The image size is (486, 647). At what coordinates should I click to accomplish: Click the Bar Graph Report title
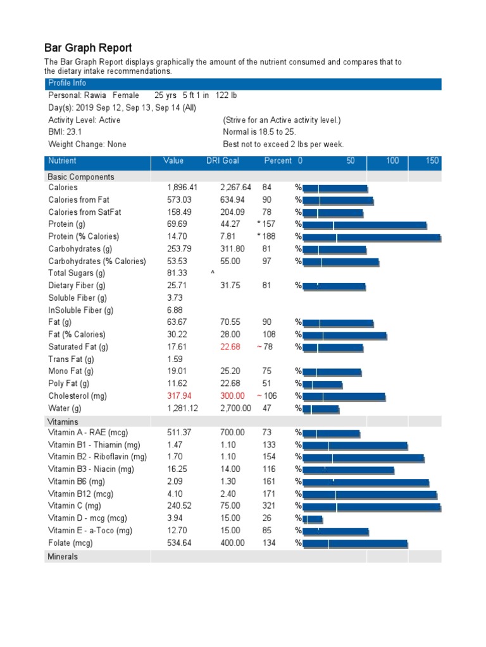[88, 48]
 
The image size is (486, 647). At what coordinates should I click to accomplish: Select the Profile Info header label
[67, 83]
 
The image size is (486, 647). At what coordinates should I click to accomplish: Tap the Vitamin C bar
[371, 507]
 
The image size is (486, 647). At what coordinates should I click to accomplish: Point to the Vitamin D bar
[313, 519]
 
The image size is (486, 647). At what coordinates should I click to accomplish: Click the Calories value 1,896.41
[182, 188]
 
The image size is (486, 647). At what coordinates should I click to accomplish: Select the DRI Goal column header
[223, 161]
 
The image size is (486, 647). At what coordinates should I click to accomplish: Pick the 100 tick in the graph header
[392, 161]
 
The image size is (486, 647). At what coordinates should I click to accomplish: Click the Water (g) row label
[70, 408]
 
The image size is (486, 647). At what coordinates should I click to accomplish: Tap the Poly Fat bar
[322, 384]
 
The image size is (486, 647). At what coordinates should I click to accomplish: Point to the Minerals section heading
[63, 557]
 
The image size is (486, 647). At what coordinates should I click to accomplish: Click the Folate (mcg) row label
[70, 543]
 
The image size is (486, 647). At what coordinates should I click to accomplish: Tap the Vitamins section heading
[63, 421]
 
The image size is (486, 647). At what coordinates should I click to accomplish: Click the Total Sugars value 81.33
[177, 274]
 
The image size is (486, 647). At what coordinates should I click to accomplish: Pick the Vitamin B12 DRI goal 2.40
[230, 494]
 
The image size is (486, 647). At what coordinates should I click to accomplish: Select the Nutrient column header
[62, 161]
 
